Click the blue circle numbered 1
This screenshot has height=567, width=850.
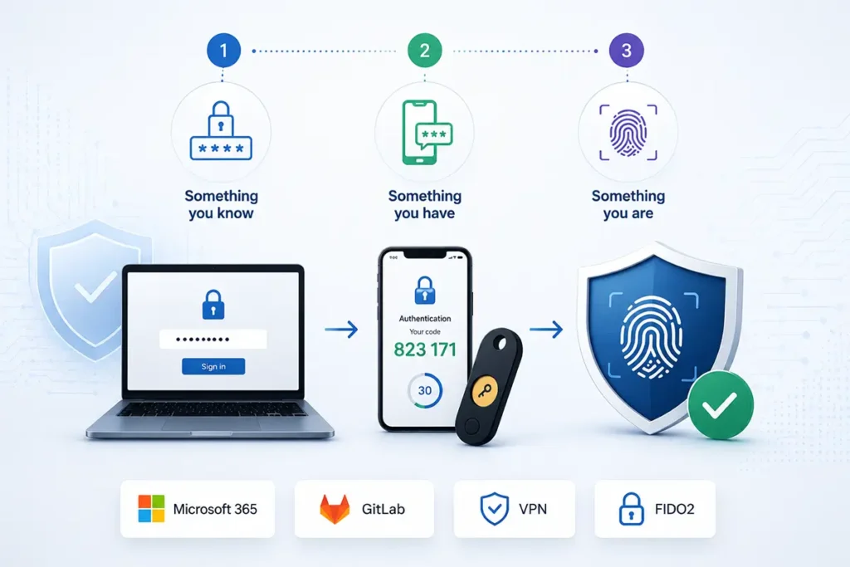[223, 51]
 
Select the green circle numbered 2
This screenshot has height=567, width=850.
[424, 51]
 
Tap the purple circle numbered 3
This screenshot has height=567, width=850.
[626, 51]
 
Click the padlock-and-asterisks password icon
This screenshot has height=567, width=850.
[221, 130]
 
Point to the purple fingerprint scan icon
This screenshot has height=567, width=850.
[628, 133]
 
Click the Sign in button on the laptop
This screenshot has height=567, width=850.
[213, 366]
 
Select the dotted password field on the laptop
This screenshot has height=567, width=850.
[213, 340]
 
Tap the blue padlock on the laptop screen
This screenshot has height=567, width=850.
[213, 304]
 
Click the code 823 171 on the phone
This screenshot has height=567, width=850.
[425, 349]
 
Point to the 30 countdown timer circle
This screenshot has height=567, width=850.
[425, 390]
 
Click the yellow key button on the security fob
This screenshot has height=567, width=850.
[485, 391]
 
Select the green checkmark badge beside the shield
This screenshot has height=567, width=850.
[721, 404]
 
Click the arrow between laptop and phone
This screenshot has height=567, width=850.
[341, 329]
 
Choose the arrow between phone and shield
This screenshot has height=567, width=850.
[546, 329]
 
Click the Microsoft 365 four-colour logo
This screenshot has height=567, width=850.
[151, 508]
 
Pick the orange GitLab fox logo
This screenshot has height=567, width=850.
[335, 509]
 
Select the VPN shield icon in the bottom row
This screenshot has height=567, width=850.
[495, 508]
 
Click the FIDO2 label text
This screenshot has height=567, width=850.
[674, 509]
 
